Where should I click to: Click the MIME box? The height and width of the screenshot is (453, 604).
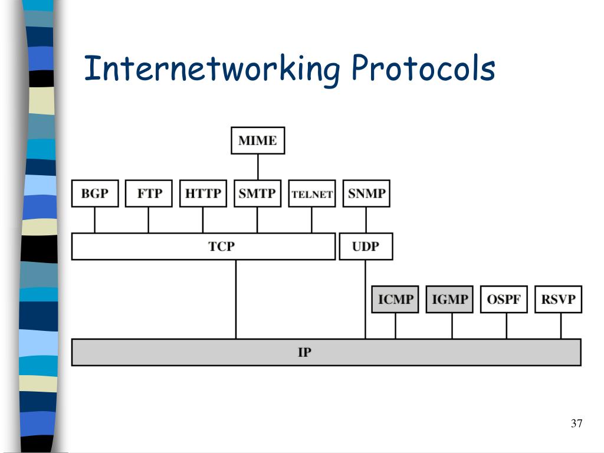(x=257, y=140)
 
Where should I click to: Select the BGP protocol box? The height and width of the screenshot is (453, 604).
(x=94, y=193)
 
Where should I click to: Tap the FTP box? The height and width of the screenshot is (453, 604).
(x=149, y=193)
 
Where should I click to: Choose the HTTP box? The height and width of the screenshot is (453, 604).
(x=203, y=193)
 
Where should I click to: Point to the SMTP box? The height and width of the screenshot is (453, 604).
(x=257, y=193)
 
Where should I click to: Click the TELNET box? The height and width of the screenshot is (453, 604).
(x=312, y=194)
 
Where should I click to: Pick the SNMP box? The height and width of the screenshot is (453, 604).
(x=366, y=193)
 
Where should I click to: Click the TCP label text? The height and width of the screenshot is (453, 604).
(x=221, y=247)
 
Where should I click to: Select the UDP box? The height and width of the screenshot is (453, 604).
(x=366, y=247)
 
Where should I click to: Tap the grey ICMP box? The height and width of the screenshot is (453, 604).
(x=395, y=299)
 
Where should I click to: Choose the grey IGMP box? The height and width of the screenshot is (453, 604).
(x=449, y=299)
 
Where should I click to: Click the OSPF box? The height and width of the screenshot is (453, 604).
(x=504, y=299)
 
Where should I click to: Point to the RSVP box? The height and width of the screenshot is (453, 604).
(x=558, y=299)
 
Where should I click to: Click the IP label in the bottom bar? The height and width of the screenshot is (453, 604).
(x=304, y=353)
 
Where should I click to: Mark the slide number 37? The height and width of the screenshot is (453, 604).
(x=576, y=424)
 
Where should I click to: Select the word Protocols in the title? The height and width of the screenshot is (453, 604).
(x=424, y=68)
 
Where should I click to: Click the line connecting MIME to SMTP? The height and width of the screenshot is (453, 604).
(x=258, y=167)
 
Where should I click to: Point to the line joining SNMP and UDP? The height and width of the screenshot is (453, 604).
(x=366, y=220)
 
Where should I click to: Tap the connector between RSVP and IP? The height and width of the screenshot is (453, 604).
(x=561, y=326)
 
